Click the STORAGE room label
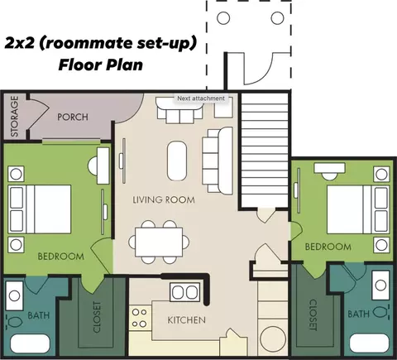tap(15, 116)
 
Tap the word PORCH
tap(73, 117)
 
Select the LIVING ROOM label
tap(164, 199)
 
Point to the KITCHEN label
tap(187, 320)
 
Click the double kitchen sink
tap(185, 292)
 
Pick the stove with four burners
tap(140, 318)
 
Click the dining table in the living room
tap(159, 242)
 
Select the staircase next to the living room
tap(264, 151)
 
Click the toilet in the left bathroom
tap(15, 322)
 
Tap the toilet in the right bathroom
tap(381, 312)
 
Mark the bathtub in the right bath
tap(370, 343)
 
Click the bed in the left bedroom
tap(40, 209)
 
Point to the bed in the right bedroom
tap(358, 209)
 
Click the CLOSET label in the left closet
tap(97, 317)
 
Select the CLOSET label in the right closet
tap(313, 315)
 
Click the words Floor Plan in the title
tap(101, 65)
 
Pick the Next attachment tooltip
tap(201, 98)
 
